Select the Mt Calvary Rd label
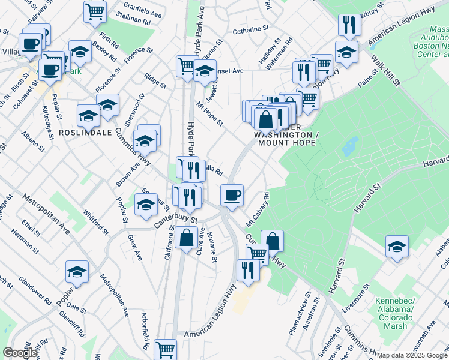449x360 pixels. pos(258,209)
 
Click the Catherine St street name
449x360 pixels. pos(250,29)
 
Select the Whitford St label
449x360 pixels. pos(95,222)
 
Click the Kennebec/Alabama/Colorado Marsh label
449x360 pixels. pos(394,313)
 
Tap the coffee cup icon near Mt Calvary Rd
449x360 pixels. pos(232,195)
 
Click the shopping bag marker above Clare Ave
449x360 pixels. pos(186,238)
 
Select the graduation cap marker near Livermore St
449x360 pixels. pos(397,247)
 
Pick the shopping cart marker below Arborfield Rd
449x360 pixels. pos(165,349)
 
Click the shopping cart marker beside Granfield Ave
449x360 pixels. pos(95,11)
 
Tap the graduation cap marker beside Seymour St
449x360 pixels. pos(146,205)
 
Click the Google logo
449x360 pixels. pos(20,353)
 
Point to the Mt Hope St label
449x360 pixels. pos(209,115)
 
